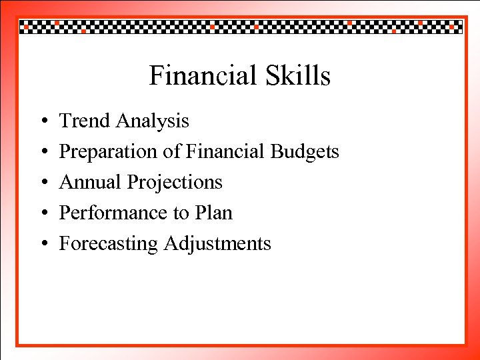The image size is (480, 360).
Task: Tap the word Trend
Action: pos(85,121)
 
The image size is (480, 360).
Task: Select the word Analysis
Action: pos(152,121)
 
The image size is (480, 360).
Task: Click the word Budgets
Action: pos(305,152)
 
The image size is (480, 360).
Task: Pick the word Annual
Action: pos(90,182)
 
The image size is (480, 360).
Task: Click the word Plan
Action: pos(214,213)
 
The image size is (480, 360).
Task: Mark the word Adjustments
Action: pos(217,244)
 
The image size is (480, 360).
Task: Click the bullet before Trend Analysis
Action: pos(41,122)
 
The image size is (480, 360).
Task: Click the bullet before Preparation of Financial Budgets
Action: pos(41,153)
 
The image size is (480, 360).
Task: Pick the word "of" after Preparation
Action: pos(171,151)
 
